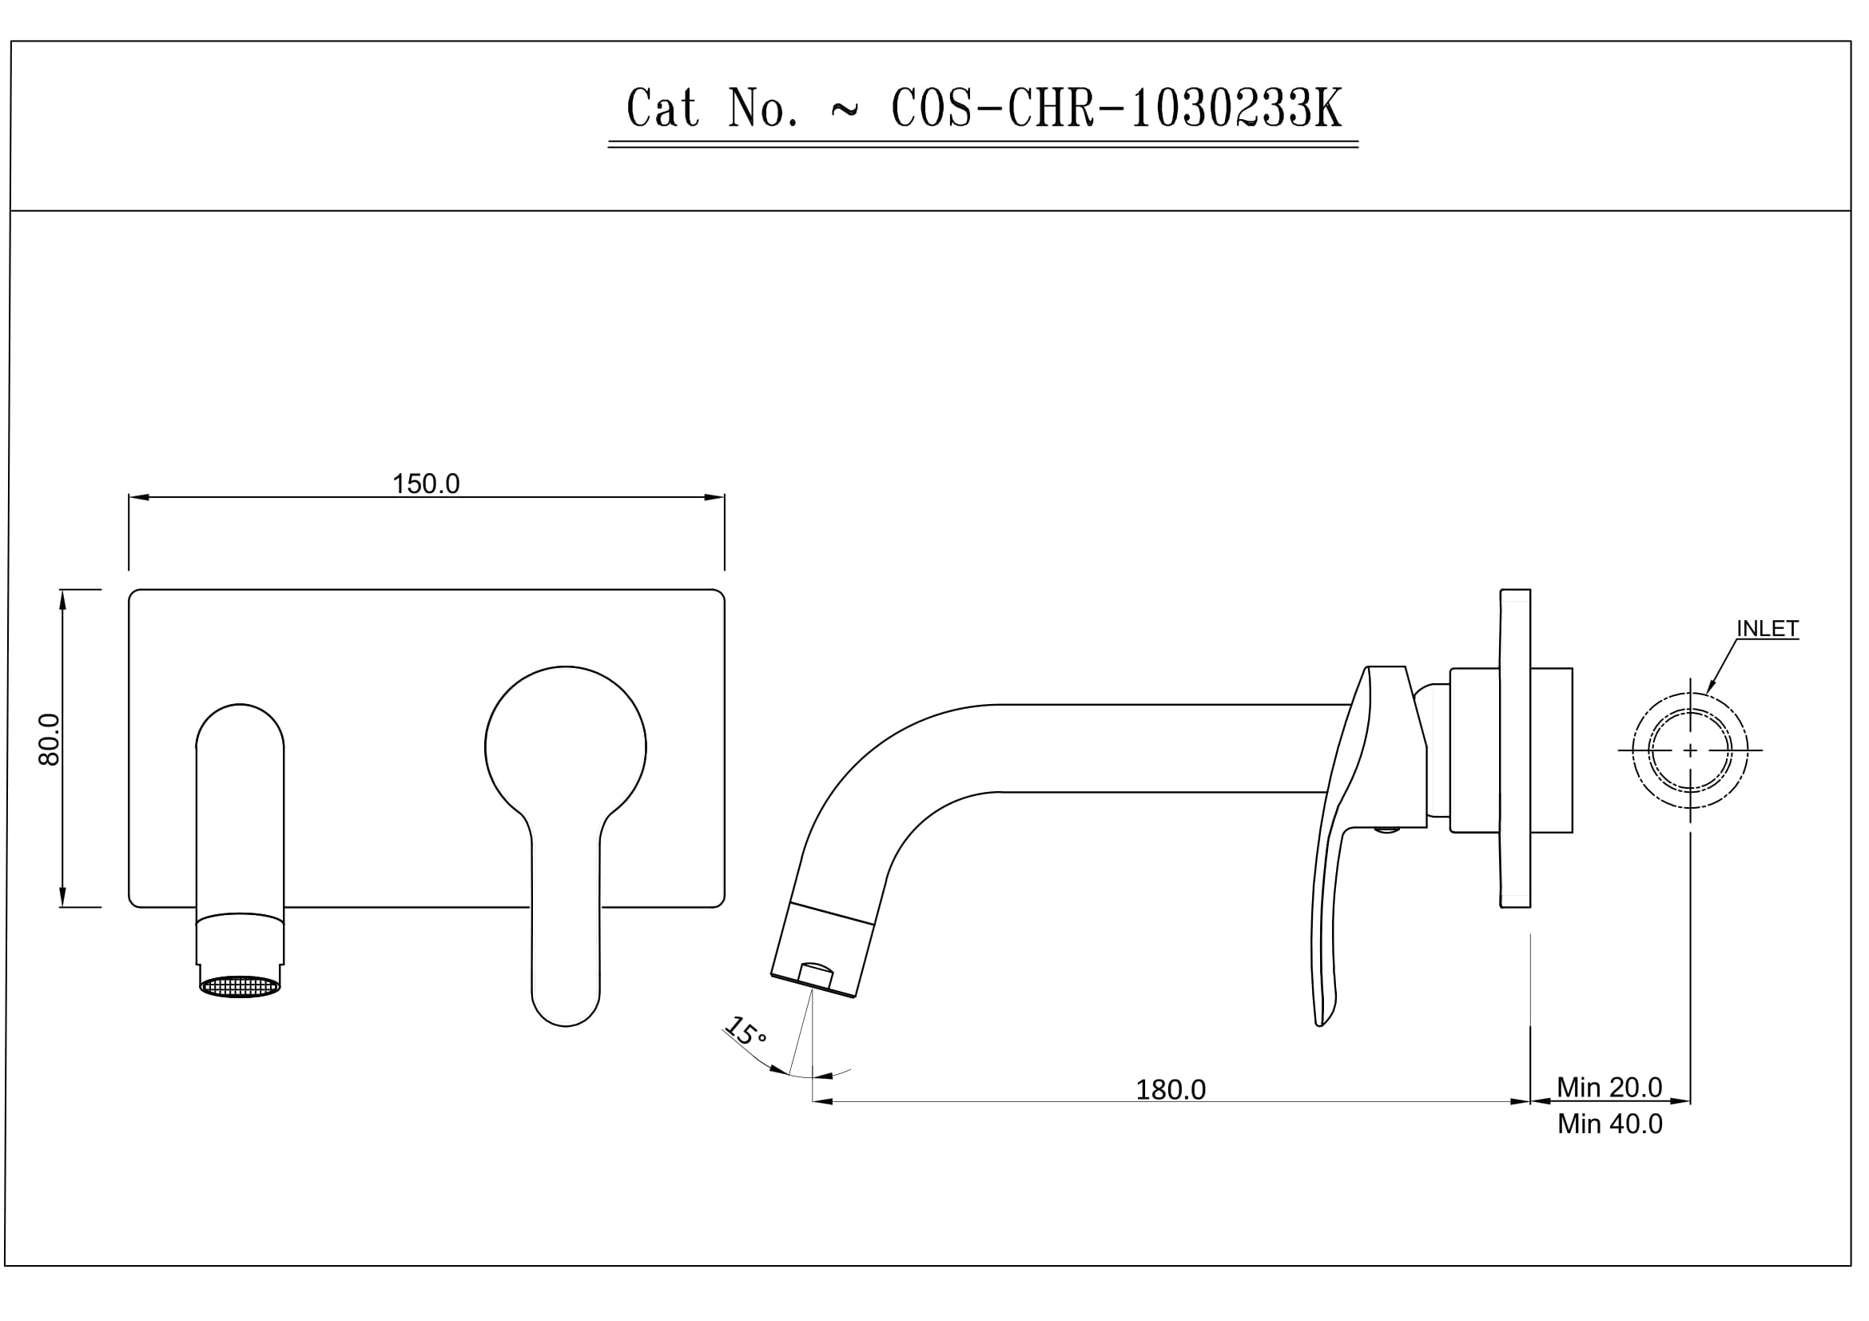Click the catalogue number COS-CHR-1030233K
click(x=1117, y=108)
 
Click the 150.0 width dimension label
click(x=426, y=484)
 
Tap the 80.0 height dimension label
click(x=49, y=739)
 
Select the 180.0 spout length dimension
click(x=1171, y=1090)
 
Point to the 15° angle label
click(x=746, y=1033)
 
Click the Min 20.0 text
click(x=1609, y=1088)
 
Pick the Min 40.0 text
click(x=1609, y=1124)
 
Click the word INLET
click(x=1768, y=628)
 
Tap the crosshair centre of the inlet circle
click(x=1690, y=750)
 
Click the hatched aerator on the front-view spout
click(x=241, y=986)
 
